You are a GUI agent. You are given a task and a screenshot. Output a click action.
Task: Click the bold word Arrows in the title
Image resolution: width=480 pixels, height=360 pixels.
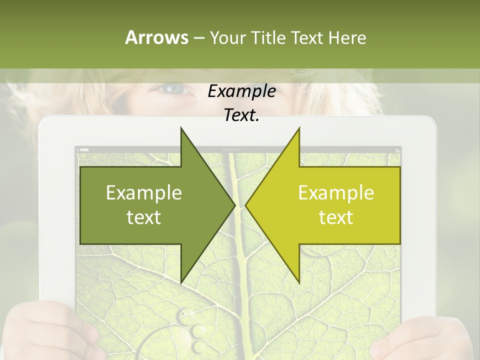tap(156, 37)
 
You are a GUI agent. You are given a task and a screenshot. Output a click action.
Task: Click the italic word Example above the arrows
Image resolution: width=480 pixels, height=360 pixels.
tap(241, 91)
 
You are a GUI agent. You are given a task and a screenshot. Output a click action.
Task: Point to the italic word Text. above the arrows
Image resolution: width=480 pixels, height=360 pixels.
tap(241, 115)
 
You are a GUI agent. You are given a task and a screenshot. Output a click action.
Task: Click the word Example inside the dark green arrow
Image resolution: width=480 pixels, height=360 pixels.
tap(144, 193)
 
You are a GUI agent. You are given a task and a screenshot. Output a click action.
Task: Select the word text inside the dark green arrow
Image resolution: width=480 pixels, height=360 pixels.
tap(144, 217)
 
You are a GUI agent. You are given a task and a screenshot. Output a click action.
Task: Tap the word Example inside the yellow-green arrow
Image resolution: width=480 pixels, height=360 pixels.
tap(336, 193)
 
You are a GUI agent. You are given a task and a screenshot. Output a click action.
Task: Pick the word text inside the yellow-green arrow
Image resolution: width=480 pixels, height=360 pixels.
tap(336, 217)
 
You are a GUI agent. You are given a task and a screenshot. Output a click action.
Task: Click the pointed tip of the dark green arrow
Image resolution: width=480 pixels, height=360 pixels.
tap(234, 205)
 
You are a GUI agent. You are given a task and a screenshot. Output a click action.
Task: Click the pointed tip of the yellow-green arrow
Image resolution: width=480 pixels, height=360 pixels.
tap(246, 205)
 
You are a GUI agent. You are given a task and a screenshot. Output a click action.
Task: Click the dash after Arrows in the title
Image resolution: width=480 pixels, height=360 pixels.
tap(198, 38)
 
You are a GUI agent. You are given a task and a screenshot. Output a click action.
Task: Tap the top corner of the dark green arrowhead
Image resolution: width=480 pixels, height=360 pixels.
tap(181, 128)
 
